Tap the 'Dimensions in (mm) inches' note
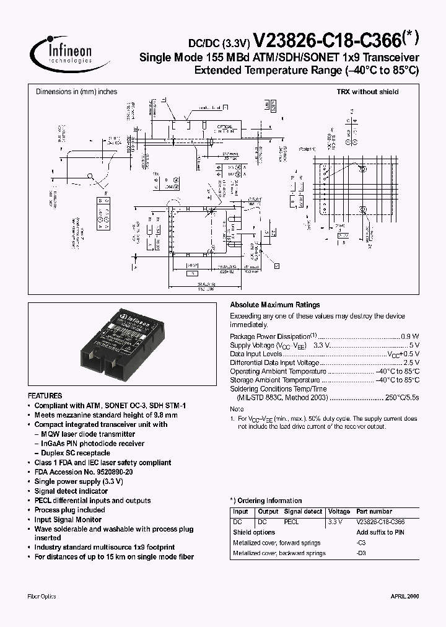pos(76,92)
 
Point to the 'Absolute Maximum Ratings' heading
pos(275,305)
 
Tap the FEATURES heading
pos(45,395)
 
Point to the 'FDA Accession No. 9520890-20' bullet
pos(83,471)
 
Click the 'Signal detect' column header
pos(303,512)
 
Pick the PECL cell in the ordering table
pos(291,522)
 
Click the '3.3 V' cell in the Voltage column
pos(334,522)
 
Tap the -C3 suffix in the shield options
pos(361,542)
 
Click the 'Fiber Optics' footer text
pos(42,596)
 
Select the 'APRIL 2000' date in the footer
pos(404,596)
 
